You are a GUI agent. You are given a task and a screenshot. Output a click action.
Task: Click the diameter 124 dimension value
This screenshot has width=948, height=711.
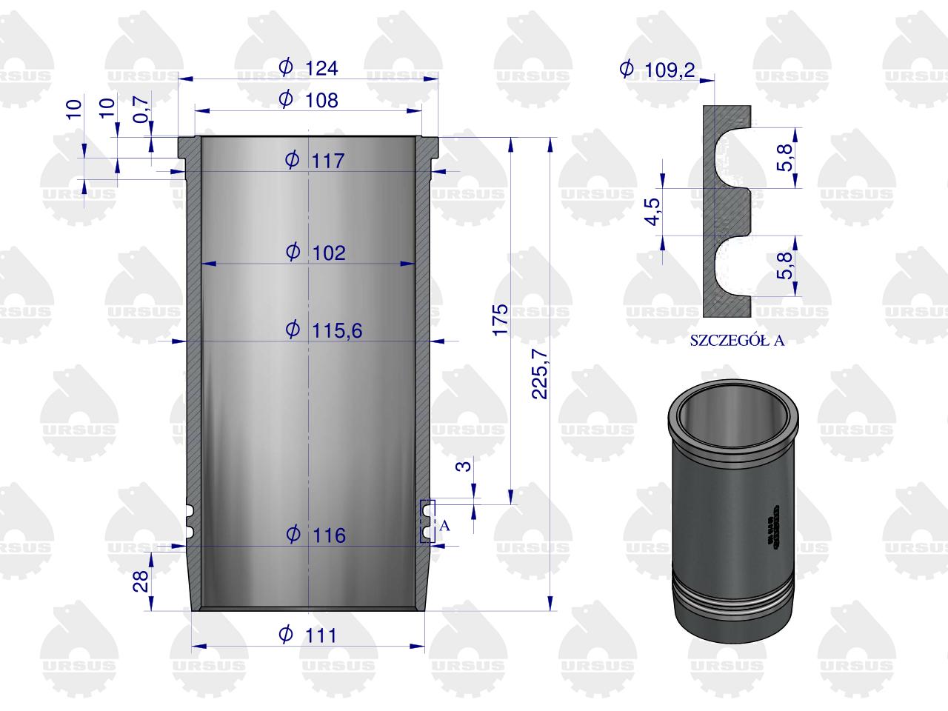[309, 68]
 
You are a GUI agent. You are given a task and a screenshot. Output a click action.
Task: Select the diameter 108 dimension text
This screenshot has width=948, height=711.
[309, 99]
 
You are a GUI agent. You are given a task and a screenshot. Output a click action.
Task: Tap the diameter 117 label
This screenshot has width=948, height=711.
[316, 160]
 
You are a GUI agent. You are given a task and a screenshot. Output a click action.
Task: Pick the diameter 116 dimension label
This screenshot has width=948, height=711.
[316, 534]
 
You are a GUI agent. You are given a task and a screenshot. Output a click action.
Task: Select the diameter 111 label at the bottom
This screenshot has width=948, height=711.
[307, 635]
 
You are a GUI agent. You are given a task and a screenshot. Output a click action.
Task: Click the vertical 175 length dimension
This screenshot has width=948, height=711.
[500, 319]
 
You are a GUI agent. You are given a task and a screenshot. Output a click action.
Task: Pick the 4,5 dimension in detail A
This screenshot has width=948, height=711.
[652, 211]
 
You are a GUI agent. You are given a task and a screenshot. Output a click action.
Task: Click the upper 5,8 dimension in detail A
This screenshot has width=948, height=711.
[786, 157]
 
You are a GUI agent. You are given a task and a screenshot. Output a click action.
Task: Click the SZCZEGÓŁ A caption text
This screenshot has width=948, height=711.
[737, 341]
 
